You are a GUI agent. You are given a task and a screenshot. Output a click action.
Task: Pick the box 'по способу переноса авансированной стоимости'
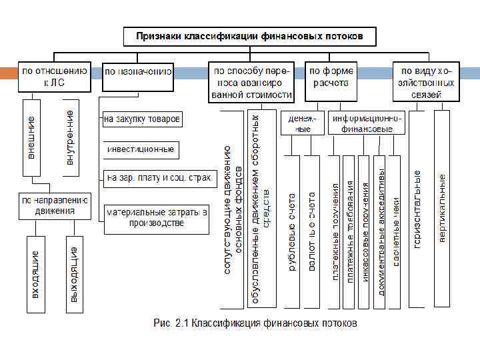coord(251,82)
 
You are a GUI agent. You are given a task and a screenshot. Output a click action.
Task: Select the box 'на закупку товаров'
coord(142,120)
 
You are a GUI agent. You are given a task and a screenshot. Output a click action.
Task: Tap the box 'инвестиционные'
coord(141,149)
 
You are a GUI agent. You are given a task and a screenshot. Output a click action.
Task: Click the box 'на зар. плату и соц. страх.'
coord(159,178)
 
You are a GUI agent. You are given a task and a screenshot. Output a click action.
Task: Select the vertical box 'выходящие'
coord(75,273)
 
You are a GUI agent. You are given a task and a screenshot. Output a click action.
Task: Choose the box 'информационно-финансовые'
coord(367,123)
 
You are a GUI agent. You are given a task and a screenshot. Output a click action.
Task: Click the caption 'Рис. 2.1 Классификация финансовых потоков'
coord(255,323)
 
